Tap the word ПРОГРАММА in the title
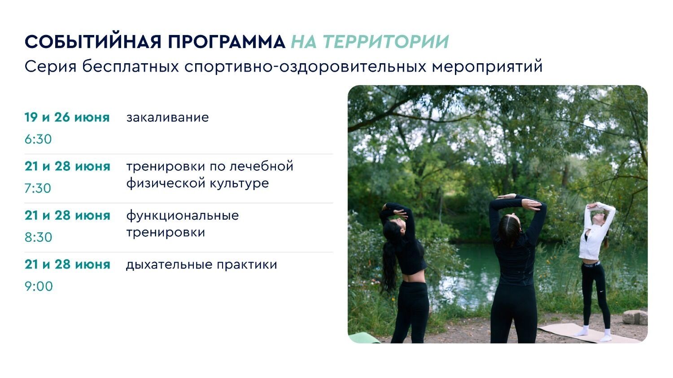coord(227,42)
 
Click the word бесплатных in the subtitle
coord(131,66)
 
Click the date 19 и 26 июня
coord(67,117)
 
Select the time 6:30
coord(38,139)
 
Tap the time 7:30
coord(38,188)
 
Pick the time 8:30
coord(38,237)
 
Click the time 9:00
coord(39,286)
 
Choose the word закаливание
coord(167,117)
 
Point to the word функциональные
coord(182,216)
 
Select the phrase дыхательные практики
coord(201,265)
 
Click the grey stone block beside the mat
coord(635,317)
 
